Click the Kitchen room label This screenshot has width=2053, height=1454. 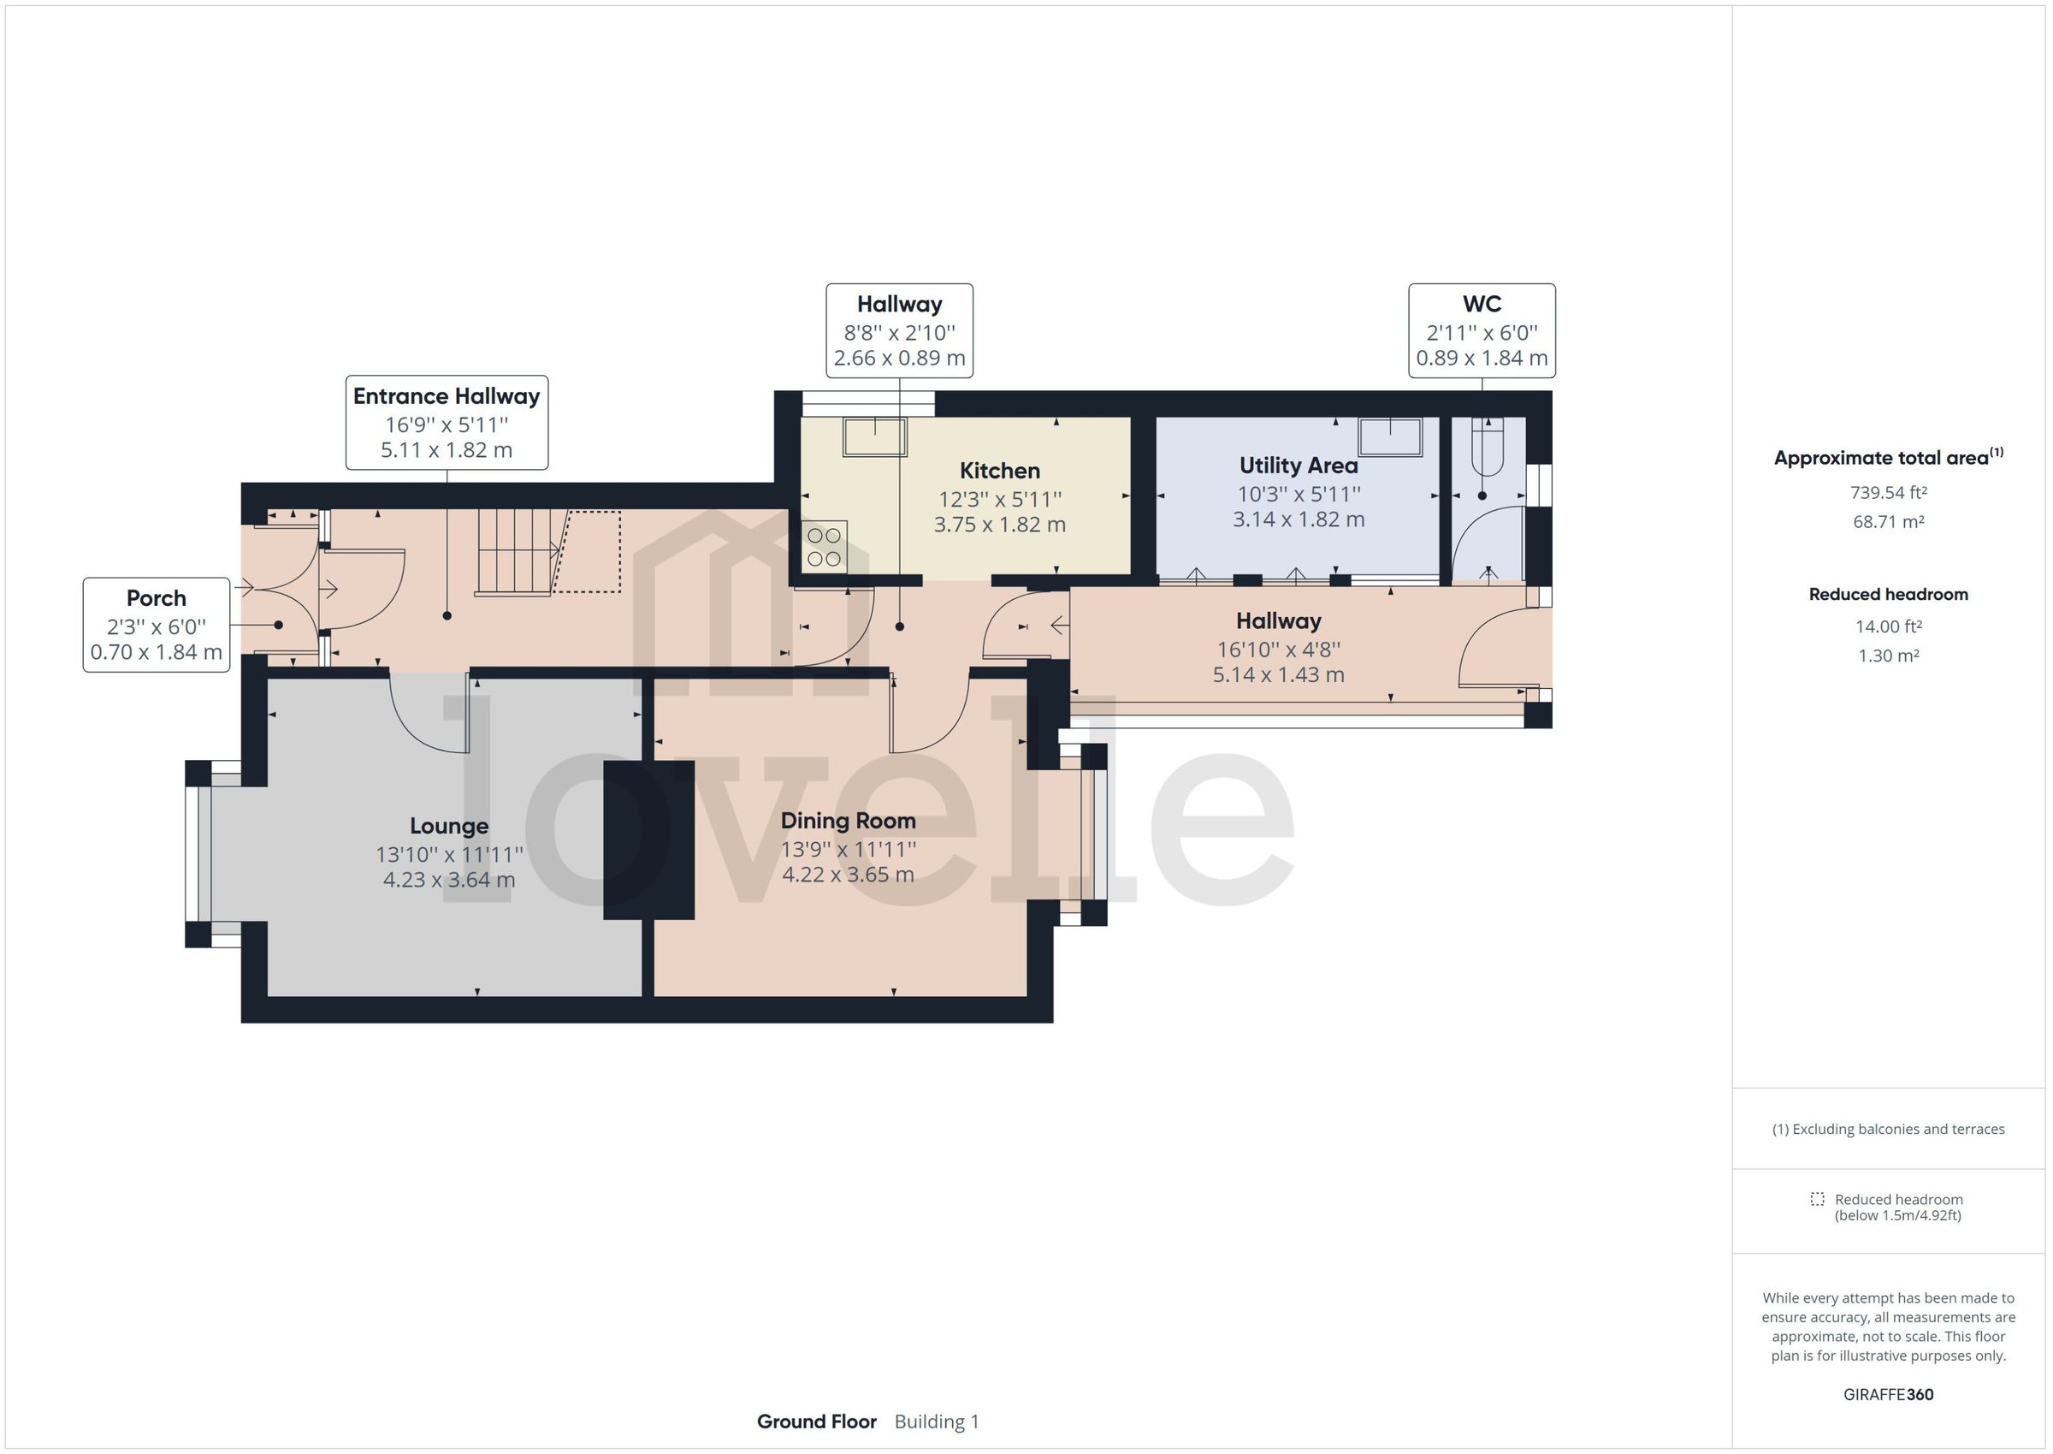coord(999,471)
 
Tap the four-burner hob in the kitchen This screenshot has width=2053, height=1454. coord(824,547)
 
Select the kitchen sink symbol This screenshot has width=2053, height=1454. coord(874,437)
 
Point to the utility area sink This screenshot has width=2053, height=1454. coord(1389,437)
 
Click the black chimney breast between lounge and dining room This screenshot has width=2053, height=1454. coord(649,840)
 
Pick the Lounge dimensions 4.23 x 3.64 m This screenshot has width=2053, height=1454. coord(448,880)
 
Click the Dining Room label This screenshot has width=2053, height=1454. coord(848,821)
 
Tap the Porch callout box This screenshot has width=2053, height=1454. coord(157,624)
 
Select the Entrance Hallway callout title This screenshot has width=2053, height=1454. coord(447,396)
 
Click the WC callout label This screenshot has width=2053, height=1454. coord(1481,305)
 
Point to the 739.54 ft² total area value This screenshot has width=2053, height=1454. coord(1887,492)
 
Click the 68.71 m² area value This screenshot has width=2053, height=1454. coord(1887,522)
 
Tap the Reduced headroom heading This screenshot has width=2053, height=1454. coord(1887,595)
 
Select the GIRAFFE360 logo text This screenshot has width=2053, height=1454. coord(1887,1394)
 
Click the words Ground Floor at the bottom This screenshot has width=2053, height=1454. coord(816,1421)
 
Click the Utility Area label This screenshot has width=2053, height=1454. coord(1298,466)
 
